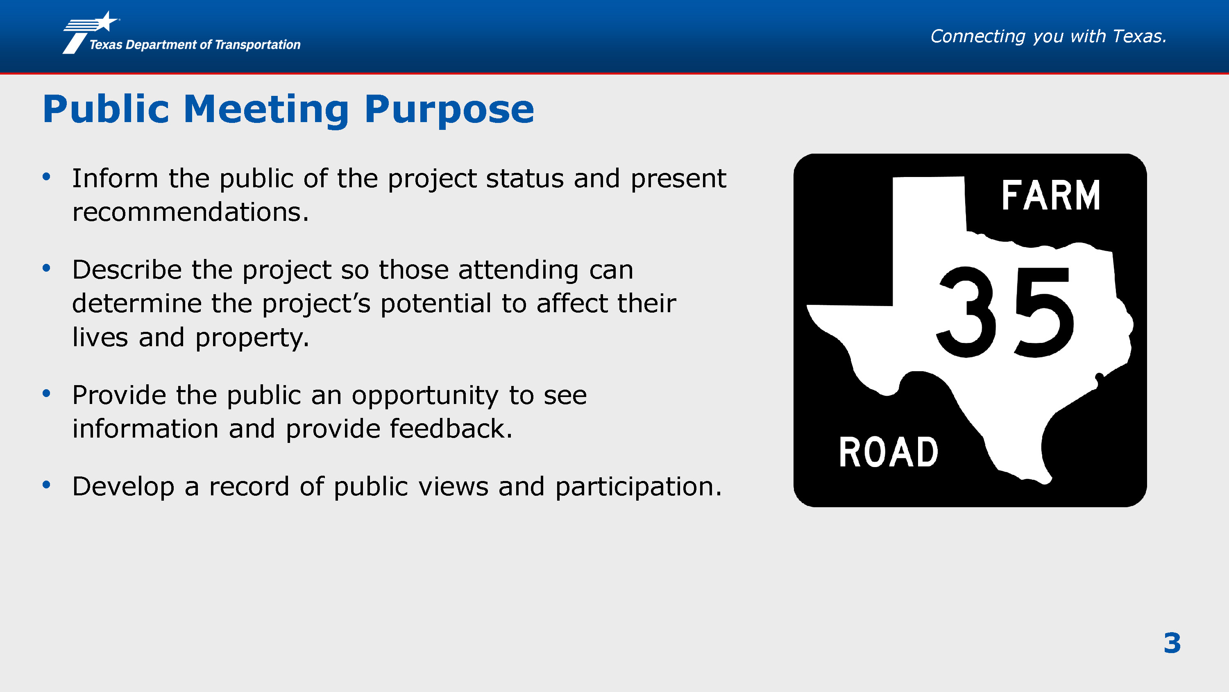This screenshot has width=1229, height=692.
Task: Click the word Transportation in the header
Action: point(258,44)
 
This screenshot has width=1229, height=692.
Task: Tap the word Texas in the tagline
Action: point(1140,36)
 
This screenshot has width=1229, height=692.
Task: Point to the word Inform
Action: point(115,179)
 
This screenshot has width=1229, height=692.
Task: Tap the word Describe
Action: point(127,270)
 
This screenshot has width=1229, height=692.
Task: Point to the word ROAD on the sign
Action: point(888,452)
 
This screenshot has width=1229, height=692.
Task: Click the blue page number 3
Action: point(1172,643)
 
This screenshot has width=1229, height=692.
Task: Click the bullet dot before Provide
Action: point(46,393)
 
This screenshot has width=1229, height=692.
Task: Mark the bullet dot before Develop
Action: point(46,485)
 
